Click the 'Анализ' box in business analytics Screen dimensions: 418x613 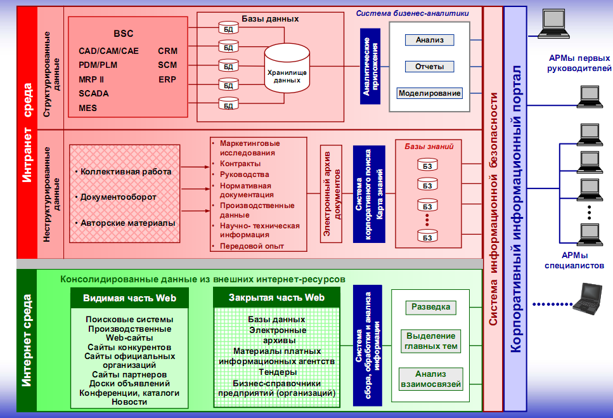(430, 40)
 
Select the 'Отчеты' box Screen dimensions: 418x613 (430, 67)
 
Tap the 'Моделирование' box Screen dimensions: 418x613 (429, 93)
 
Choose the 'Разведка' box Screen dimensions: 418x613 (430, 307)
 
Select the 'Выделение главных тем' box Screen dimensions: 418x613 (430, 341)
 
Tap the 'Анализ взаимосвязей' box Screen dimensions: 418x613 (430, 379)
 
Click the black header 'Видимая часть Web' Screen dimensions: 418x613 (129, 297)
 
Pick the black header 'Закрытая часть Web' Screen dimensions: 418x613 (276, 297)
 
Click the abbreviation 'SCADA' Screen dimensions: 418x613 (94, 93)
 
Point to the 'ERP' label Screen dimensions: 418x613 (167, 79)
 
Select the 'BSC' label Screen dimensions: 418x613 (124, 34)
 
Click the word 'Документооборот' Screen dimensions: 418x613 (118, 197)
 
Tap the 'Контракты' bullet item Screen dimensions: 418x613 (240, 164)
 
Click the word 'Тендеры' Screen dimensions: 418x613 (276, 372)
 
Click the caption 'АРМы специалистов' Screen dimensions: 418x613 (574, 261)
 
